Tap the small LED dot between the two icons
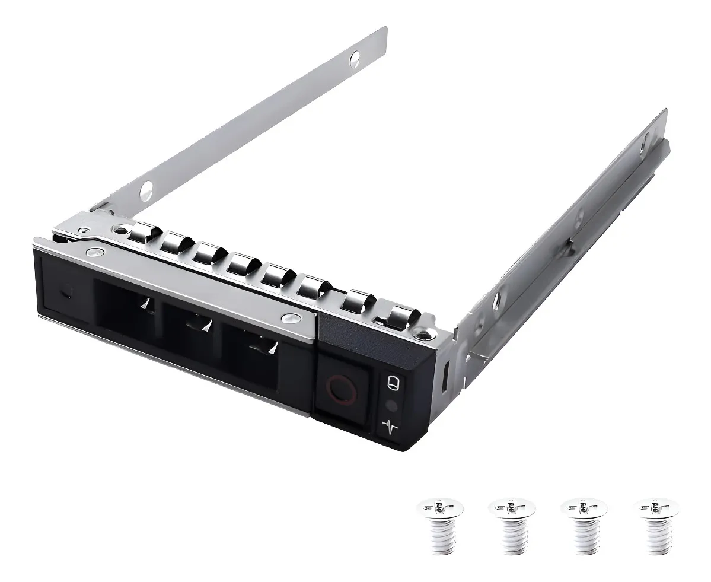(390, 406)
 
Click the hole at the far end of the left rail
(355, 58)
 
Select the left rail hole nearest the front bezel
(144, 192)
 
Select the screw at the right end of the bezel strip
(290, 318)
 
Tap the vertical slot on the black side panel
(445, 376)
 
